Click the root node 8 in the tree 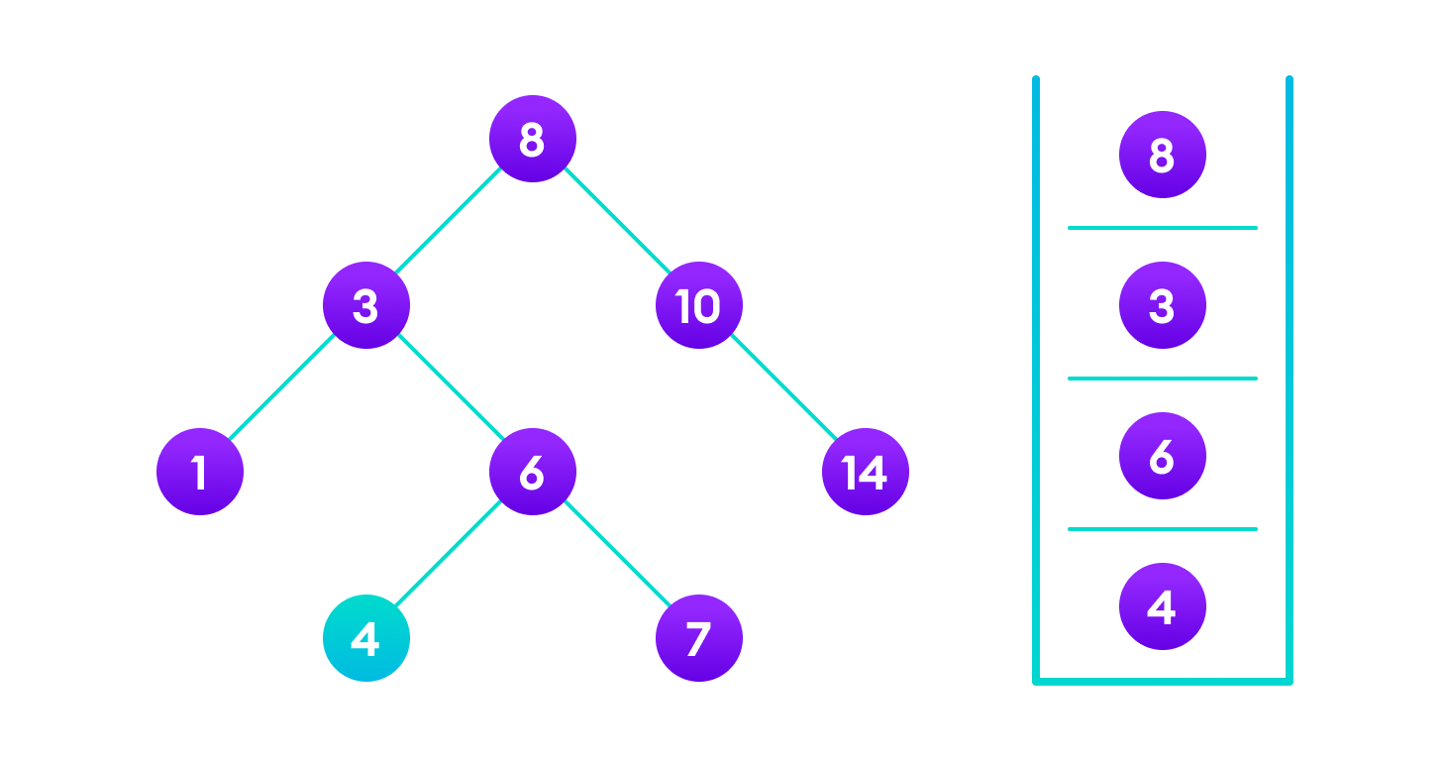point(532,140)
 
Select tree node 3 point(365,305)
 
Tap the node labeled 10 point(698,305)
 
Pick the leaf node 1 point(199,472)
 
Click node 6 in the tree point(532,472)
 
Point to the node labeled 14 point(865,472)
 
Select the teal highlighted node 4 point(365,638)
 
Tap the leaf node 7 point(698,638)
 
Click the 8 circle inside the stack point(1162,155)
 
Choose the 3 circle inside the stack point(1162,305)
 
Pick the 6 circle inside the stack point(1162,456)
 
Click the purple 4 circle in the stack point(1162,606)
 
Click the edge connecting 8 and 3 point(449,222)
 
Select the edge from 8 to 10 point(615,222)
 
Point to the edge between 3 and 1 point(282,388)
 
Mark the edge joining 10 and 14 point(781,388)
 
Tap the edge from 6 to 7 point(615,555)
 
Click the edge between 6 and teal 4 point(449,555)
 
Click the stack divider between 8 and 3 point(1162,228)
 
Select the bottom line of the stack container point(1162,681)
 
